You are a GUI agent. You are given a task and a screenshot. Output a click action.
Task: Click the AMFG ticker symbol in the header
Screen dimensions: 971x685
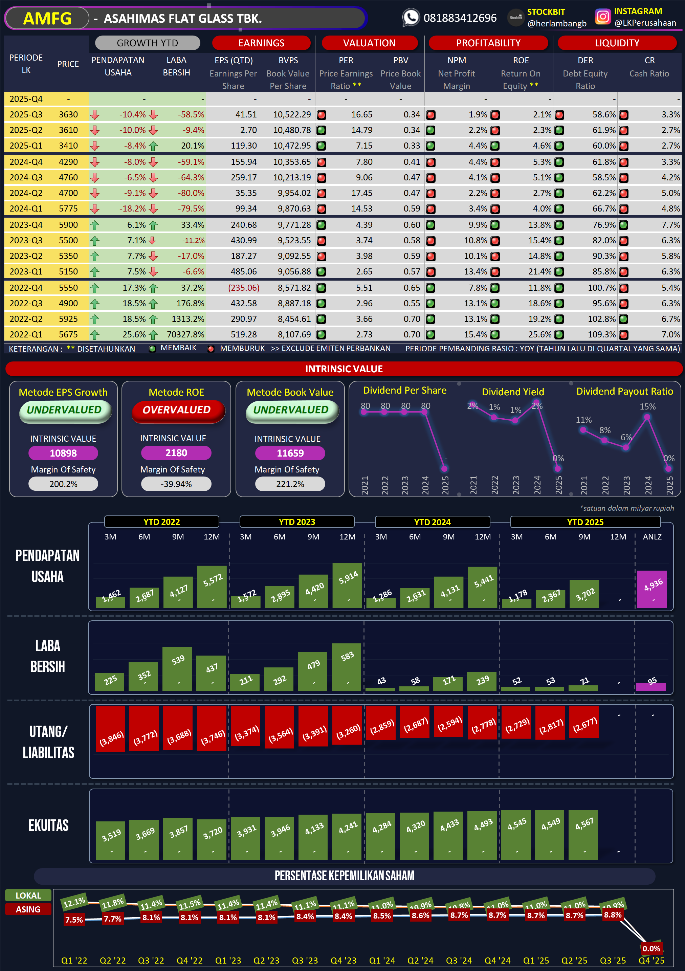click(x=47, y=19)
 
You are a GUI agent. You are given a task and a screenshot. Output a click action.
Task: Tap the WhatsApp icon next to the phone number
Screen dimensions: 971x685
click(x=410, y=18)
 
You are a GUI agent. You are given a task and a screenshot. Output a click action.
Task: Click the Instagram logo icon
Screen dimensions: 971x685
click(x=602, y=17)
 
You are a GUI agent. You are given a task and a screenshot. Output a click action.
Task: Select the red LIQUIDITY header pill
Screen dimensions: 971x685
click(x=617, y=43)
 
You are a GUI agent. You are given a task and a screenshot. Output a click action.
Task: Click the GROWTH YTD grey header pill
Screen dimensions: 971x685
click(x=147, y=43)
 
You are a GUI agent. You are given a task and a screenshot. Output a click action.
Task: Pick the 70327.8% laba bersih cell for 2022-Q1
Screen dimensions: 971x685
click(x=185, y=334)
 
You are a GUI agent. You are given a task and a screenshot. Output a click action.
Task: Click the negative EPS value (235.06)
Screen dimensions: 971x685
click(x=244, y=288)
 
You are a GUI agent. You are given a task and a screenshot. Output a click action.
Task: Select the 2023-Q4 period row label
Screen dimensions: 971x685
click(x=26, y=225)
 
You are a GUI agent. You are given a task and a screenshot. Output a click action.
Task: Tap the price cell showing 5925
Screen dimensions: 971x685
click(x=68, y=319)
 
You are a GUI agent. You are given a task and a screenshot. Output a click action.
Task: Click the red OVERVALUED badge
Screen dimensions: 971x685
click(x=177, y=410)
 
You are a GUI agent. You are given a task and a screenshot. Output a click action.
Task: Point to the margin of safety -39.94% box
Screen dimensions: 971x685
click(x=176, y=484)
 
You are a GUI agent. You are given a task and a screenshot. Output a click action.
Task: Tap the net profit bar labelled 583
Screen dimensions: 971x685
click(x=346, y=667)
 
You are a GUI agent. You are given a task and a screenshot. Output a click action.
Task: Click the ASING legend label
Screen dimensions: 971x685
click(x=28, y=909)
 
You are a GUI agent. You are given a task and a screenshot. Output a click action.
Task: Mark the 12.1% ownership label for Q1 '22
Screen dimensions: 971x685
click(x=74, y=903)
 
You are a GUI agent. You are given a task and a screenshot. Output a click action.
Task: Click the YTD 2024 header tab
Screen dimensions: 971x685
click(x=432, y=522)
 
